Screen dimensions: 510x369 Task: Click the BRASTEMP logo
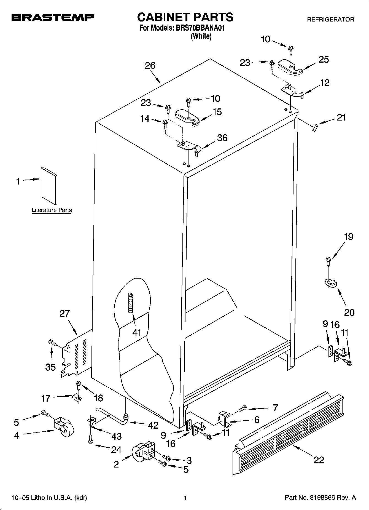point(53,18)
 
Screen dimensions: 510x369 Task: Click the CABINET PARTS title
point(185,17)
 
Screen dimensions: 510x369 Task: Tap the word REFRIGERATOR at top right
point(330,20)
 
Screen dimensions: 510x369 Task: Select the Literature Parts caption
point(52,210)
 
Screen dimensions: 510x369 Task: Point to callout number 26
point(150,66)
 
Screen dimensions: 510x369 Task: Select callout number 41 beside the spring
point(137,333)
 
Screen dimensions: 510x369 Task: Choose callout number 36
point(222,138)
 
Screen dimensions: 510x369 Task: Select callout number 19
point(349,237)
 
